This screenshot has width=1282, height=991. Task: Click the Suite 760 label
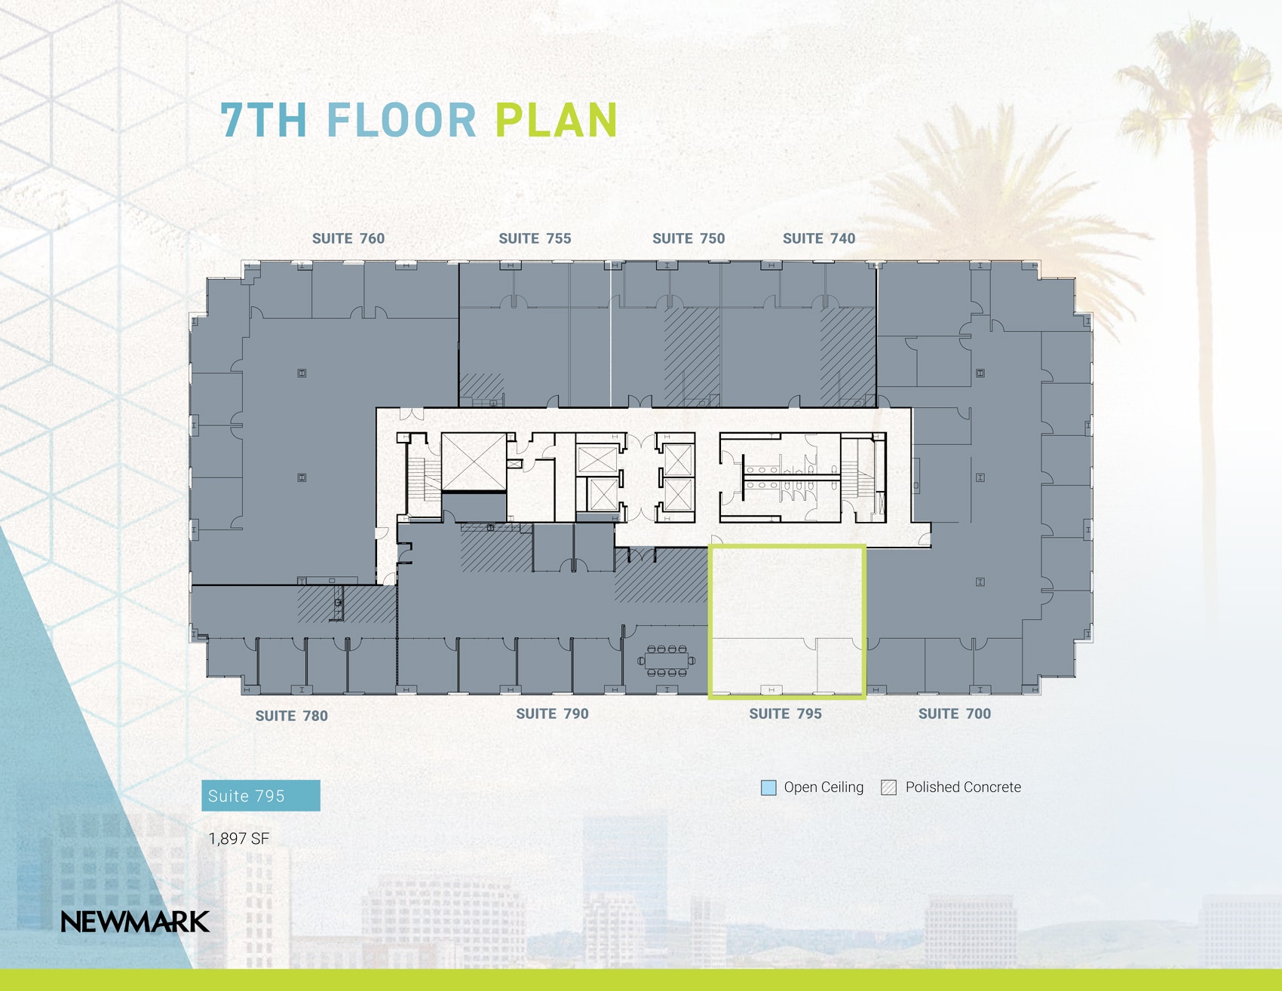click(x=348, y=239)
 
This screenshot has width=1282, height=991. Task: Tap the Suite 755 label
click(x=535, y=239)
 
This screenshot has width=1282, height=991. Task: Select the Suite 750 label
click(x=689, y=239)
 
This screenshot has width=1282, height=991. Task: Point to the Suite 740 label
click(x=819, y=239)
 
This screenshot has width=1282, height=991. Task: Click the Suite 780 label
click(x=291, y=716)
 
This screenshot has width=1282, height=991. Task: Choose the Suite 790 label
click(x=552, y=713)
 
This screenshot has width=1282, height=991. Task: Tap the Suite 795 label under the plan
click(x=785, y=713)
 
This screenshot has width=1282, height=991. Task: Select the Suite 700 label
click(x=954, y=713)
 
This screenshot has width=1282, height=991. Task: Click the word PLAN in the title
click(x=557, y=121)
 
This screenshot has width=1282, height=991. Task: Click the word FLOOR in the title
click(x=401, y=121)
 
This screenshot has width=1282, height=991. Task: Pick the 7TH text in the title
click(x=264, y=121)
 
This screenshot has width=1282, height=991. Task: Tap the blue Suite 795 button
click(x=260, y=796)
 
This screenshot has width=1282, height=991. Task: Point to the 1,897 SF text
click(x=238, y=839)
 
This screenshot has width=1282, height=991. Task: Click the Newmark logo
click(x=135, y=922)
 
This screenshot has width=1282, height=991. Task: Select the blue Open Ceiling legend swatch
click(x=768, y=788)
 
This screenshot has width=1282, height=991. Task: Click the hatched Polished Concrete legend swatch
click(x=888, y=788)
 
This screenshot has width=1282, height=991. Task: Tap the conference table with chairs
click(x=667, y=661)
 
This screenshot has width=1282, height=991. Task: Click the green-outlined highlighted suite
click(x=787, y=596)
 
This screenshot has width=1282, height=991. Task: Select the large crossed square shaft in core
click(x=474, y=462)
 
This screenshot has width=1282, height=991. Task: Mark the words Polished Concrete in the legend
click(x=963, y=787)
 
